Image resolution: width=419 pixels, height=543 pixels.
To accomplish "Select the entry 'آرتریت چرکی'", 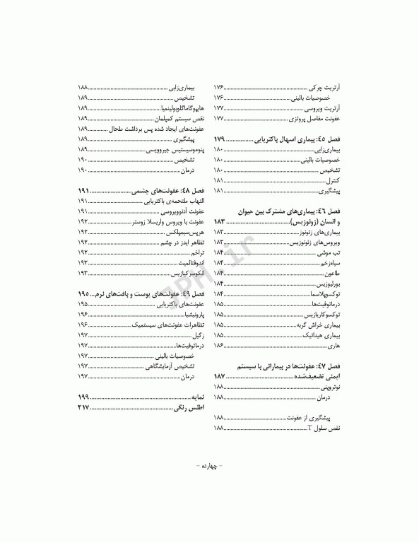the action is (326, 86).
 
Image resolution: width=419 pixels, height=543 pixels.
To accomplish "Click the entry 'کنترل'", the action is (334, 181).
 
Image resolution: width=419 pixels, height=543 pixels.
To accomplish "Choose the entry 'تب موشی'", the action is (330, 252).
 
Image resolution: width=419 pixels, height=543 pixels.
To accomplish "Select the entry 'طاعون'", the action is (332, 273).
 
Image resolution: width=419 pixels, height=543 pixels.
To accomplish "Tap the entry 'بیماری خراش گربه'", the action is (319, 324).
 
